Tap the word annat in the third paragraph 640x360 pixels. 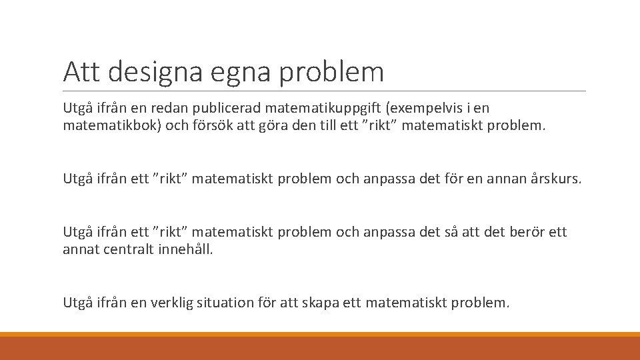point(81,250)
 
